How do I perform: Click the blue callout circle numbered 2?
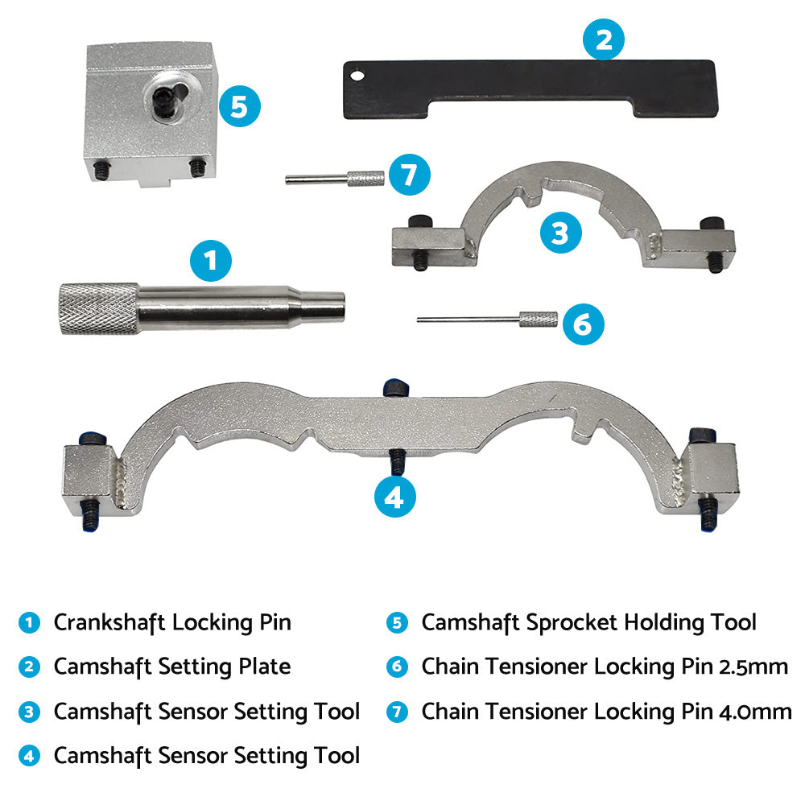click(603, 39)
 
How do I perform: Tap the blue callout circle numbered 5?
click(239, 105)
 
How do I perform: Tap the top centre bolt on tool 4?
click(393, 388)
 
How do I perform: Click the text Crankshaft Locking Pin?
click(172, 622)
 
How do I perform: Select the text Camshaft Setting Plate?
click(171, 667)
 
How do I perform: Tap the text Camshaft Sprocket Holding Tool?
click(588, 622)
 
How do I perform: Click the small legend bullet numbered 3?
click(29, 712)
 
